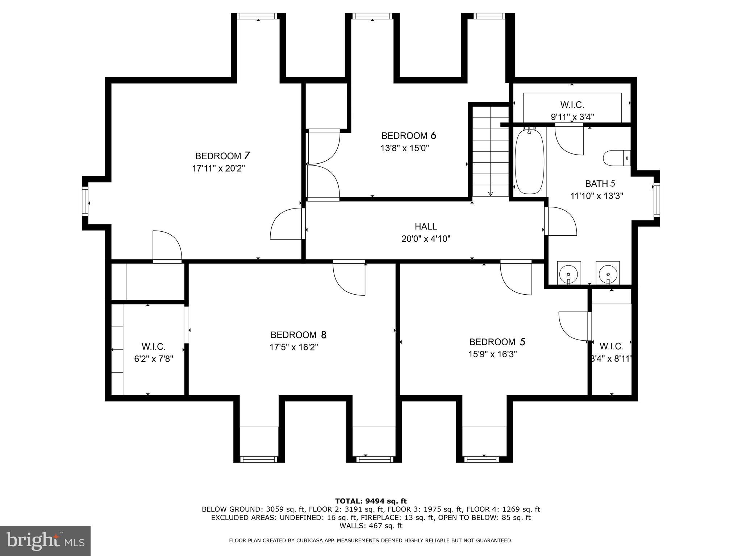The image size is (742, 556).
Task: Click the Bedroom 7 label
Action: click(x=222, y=156)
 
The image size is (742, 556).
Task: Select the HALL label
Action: click(x=426, y=227)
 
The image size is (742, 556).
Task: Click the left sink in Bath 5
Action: click(x=569, y=273)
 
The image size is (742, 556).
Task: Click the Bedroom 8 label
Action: click(x=298, y=335)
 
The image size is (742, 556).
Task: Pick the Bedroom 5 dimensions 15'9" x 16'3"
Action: click(x=492, y=354)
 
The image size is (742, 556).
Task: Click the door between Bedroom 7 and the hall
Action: click(x=286, y=224)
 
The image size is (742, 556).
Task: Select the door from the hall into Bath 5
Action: click(x=561, y=221)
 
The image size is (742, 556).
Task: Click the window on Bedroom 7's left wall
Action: click(x=85, y=201)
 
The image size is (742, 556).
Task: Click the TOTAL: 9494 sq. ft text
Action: click(x=371, y=501)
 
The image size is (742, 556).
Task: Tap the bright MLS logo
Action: click(x=45, y=540)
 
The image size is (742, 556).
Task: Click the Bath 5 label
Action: click(x=600, y=184)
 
